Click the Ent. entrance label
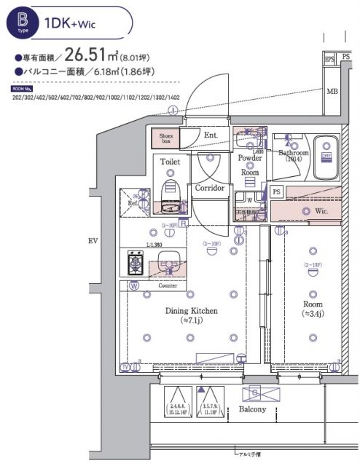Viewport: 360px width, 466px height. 211,135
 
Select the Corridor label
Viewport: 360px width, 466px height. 210,187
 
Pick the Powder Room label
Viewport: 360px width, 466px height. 250,165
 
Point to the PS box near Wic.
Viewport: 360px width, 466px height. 276,191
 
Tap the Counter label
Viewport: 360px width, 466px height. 167,285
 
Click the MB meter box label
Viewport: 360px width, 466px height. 332,91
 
